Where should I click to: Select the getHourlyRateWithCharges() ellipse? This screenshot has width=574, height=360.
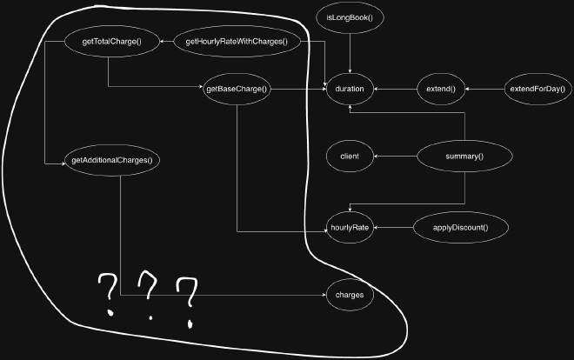(237, 41)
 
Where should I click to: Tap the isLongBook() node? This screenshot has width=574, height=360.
(350, 17)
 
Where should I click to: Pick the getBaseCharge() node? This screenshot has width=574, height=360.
(237, 89)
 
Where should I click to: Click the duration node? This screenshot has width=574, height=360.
(350, 89)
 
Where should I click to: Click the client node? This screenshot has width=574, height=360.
(350, 157)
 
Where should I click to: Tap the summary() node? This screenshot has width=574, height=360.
(464, 157)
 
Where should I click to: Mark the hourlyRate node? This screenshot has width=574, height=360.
(350, 228)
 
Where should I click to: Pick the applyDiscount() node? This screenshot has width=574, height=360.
(460, 228)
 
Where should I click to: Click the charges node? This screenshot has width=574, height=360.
(350, 296)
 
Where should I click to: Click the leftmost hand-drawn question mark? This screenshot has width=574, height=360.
(109, 291)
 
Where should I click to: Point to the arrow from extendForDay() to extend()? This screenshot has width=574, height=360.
(485, 89)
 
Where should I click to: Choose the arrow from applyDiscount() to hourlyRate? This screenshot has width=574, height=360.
(395, 228)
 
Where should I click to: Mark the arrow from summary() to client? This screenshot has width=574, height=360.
(396, 157)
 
